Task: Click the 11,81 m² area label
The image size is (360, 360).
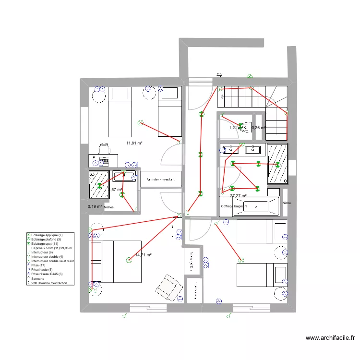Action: tap(134, 143)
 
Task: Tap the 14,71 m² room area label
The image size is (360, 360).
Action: tap(143, 255)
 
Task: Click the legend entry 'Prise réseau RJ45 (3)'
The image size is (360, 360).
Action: tap(47, 274)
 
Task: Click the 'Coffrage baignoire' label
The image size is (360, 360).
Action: tap(234, 206)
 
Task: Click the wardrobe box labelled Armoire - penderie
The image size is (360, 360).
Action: tap(161, 179)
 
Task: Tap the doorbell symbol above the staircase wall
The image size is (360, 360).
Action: tap(219, 74)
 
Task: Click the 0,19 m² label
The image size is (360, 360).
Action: tap(95, 206)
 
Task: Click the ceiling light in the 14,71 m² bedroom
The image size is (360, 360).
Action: tap(128, 260)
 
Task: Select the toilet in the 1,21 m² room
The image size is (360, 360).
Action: tap(245, 127)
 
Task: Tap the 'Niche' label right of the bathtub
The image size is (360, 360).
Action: tap(287, 203)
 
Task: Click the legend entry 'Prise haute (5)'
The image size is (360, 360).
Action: tap(43, 269)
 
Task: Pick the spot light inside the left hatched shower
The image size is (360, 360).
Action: tap(99, 185)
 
